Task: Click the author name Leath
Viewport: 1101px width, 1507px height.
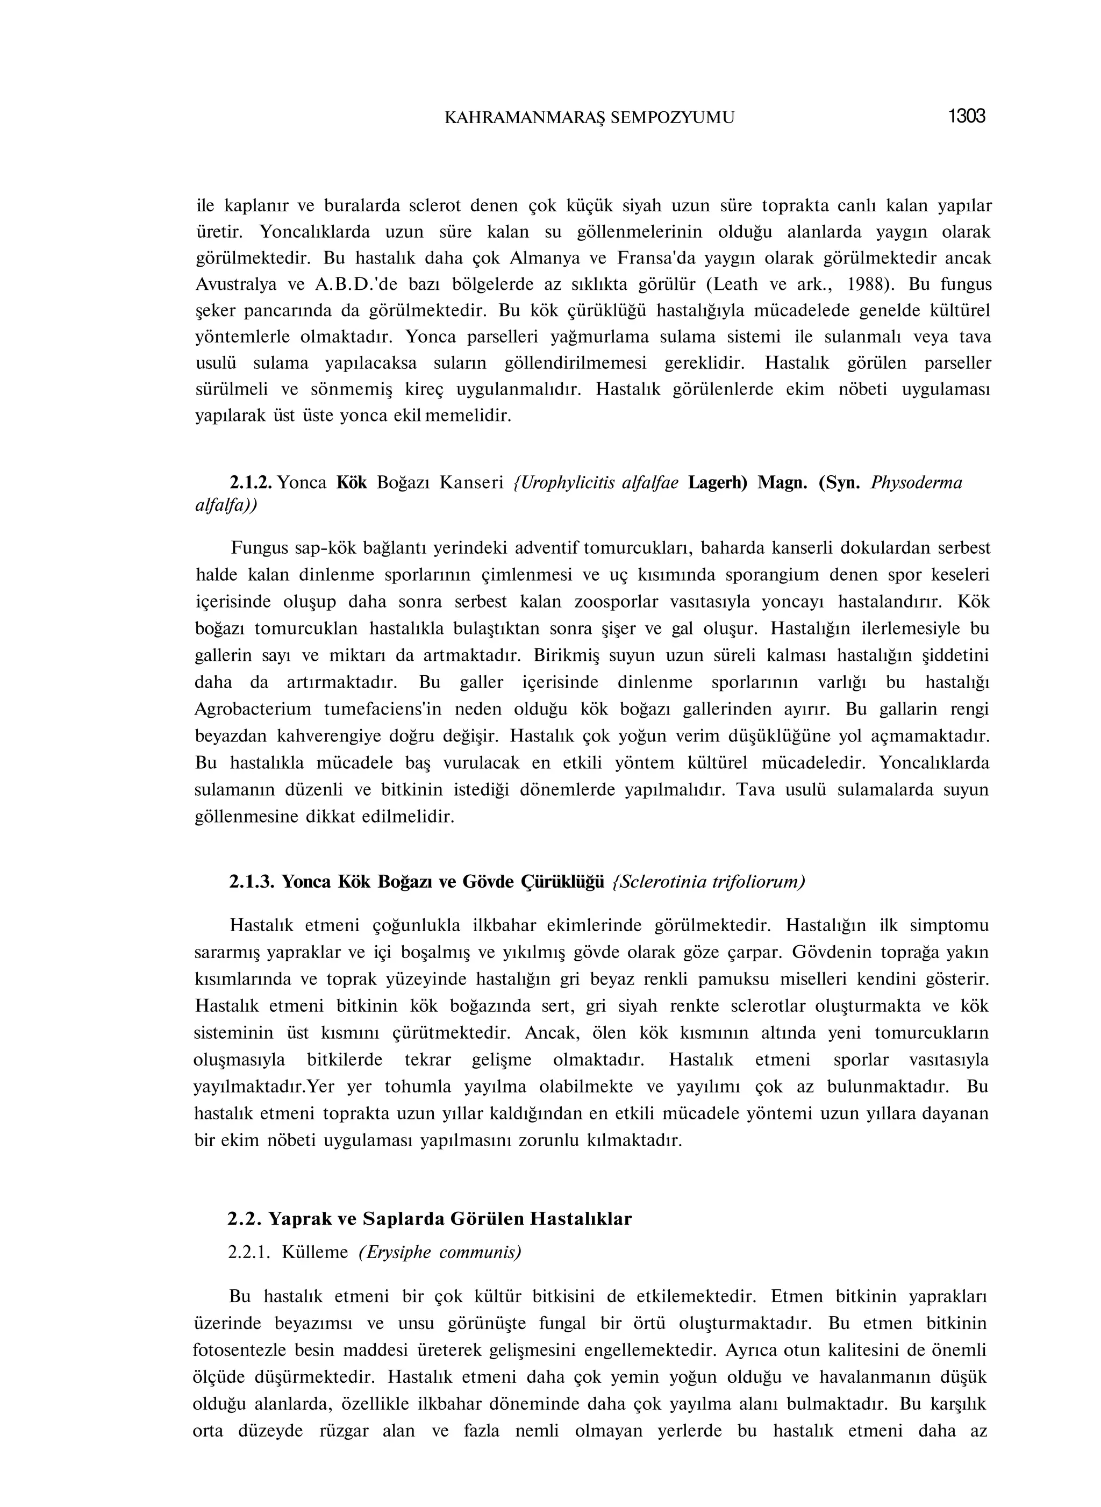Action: pyautogui.click(x=736, y=284)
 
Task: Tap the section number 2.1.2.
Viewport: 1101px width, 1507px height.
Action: pyautogui.click(x=251, y=483)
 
